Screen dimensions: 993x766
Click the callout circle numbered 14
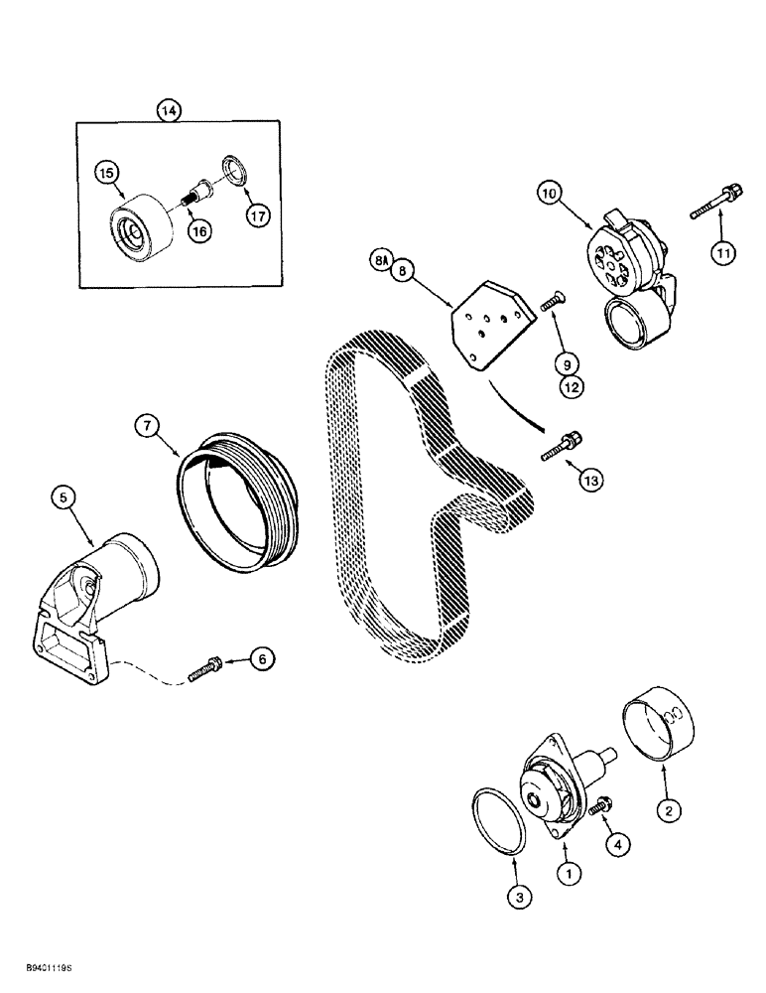pos(170,111)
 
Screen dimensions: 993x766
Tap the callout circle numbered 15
pos(106,173)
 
